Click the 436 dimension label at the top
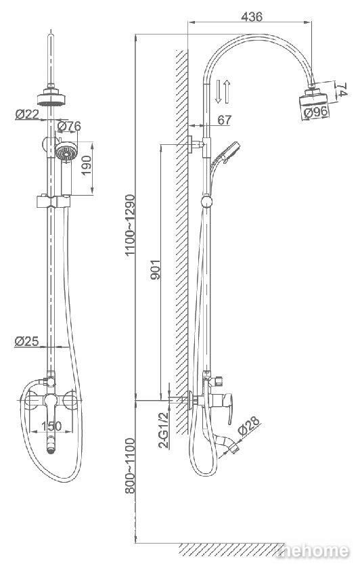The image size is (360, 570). [x=251, y=16]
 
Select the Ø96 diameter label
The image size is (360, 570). [x=316, y=112]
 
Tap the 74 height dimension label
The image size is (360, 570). [x=342, y=90]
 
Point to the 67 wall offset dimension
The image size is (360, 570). [x=224, y=120]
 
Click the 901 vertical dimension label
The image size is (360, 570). [x=155, y=269]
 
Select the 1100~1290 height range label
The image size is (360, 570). [x=130, y=225]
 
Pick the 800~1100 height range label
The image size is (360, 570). [x=130, y=466]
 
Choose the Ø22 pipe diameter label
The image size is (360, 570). [x=27, y=114]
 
